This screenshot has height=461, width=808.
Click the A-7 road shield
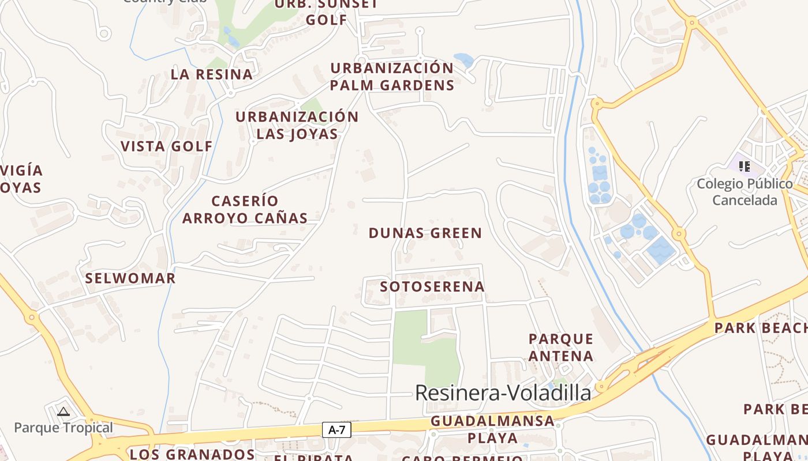(336, 429)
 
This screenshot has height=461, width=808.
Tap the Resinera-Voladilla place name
(503, 393)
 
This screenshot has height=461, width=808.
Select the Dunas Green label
(425, 233)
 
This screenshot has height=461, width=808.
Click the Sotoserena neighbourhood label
(432, 286)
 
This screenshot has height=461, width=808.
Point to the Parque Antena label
(561, 347)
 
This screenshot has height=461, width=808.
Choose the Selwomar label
(130, 278)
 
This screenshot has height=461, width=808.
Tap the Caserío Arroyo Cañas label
(245, 210)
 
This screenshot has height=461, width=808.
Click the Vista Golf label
(167, 146)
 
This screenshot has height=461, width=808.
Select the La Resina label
(212, 74)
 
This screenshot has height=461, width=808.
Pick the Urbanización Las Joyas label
(297, 125)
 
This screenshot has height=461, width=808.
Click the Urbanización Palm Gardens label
(392, 77)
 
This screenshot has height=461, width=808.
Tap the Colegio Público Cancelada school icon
(745, 167)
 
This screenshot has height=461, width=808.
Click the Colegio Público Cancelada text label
(745, 192)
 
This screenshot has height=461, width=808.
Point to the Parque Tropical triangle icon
(63, 411)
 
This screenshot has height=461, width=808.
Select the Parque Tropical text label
(63, 428)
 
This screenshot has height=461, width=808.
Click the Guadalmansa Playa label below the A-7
(492, 429)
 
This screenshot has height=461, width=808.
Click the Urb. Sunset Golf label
(327, 12)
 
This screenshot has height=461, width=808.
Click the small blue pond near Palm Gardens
(463, 59)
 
